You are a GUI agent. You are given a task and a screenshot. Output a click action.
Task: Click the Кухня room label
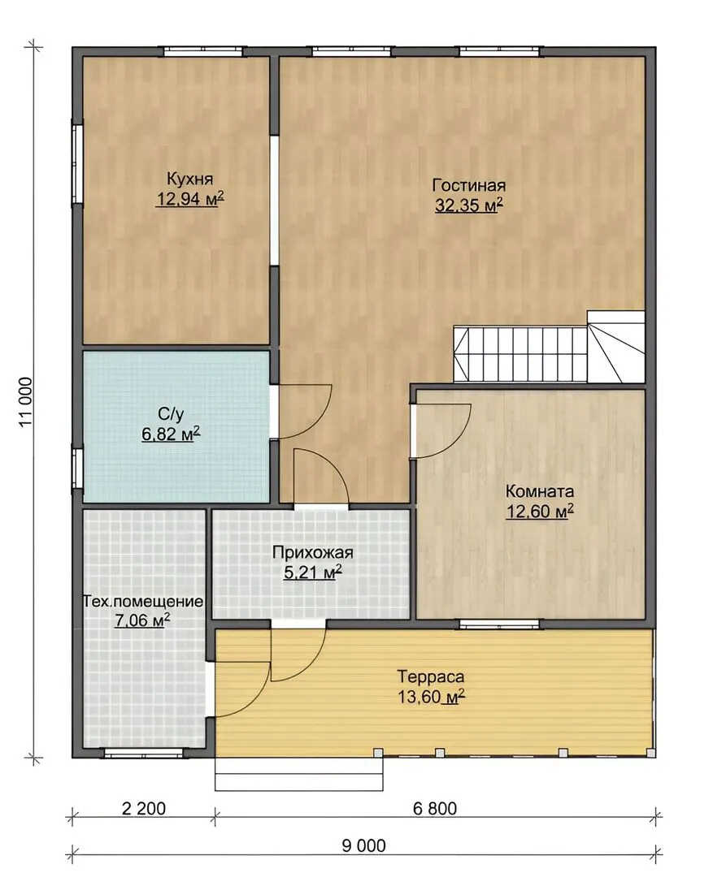[x=189, y=179]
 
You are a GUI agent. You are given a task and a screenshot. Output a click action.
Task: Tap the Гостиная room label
[x=469, y=186]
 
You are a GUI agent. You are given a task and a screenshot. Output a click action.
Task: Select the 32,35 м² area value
[x=469, y=205]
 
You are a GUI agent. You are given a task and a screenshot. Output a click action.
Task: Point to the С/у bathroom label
[x=171, y=414]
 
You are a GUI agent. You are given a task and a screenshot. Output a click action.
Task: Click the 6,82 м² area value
[x=171, y=434]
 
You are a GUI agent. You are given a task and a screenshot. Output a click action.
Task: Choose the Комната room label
[x=540, y=491]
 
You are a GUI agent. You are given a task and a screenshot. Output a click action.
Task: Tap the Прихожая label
[x=313, y=553]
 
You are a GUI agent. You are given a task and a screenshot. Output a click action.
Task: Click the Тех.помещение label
[x=143, y=602]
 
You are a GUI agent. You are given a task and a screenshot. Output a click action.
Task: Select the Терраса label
[x=431, y=676]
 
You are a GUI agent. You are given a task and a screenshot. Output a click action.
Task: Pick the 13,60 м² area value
[x=432, y=697]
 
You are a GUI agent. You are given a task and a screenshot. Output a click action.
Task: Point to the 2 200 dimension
[x=144, y=809]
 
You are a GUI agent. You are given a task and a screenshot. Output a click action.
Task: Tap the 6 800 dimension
[x=435, y=809]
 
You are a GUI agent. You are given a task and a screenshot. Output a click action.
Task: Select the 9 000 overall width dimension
[x=364, y=845]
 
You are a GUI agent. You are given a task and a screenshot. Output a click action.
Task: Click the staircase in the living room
[x=549, y=347]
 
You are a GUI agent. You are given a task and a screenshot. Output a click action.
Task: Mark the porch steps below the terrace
[x=299, y=774]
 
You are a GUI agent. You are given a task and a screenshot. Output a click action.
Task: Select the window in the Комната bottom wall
[x=500, y=624]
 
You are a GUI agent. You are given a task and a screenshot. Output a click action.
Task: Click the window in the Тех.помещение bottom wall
[x=145, y=754]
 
